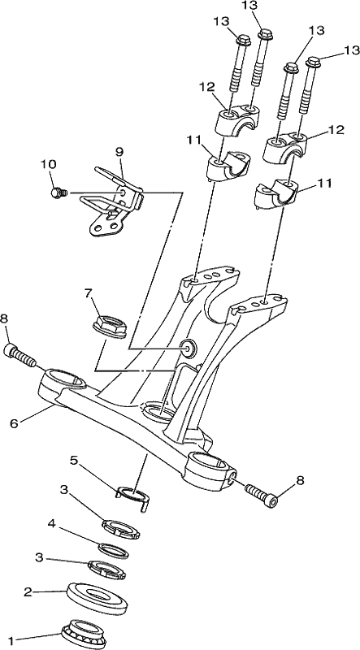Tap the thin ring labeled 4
coord(113,550)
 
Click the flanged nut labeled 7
coord(110,327)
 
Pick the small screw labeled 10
coord(59,193)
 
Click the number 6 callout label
coord(14,423)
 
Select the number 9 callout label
coord(119,152)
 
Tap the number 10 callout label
coord(49,164)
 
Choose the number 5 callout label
coord(73,461)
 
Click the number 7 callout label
coord(88,293)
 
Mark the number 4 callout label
coord(51,523)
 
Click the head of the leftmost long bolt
coord(244,40)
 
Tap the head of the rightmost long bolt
coord(314,63)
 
